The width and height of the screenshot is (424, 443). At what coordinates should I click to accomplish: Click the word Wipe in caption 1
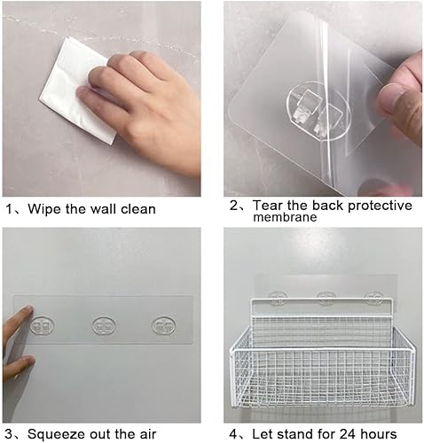pyautogui.click(x=44, y=210)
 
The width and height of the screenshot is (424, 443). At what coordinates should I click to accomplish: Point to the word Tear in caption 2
pyautogui.click(x=270, y=206)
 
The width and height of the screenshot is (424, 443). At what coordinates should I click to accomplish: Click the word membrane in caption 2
pyautogui.click(x=285, y=219)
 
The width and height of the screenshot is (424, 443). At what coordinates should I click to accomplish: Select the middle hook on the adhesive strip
pyautogui.click(x=103, y=327)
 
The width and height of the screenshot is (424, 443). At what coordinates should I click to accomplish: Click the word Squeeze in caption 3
pyautogui.click(x=57, y=435)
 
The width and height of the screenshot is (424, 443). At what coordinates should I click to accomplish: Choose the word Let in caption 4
pyautogui.click(x=263, y=435)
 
